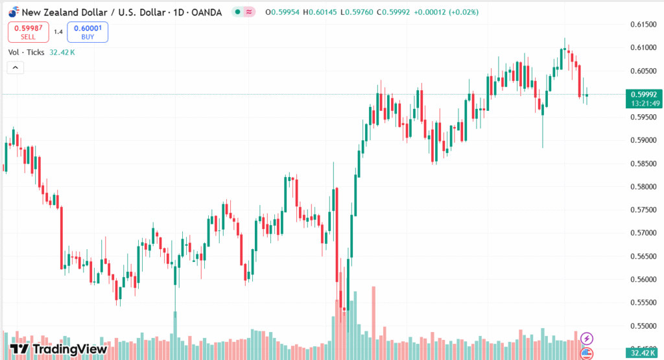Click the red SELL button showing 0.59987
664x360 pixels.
29,32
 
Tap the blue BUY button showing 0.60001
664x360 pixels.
88,32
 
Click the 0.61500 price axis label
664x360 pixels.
643,24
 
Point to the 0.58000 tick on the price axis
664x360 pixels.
643,187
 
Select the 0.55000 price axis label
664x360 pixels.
643,326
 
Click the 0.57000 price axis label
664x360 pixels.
643,233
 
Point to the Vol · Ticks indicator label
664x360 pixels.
26,52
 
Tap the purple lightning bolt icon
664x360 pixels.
587,338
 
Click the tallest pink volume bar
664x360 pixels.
374,318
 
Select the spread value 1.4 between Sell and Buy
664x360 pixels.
58,32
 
